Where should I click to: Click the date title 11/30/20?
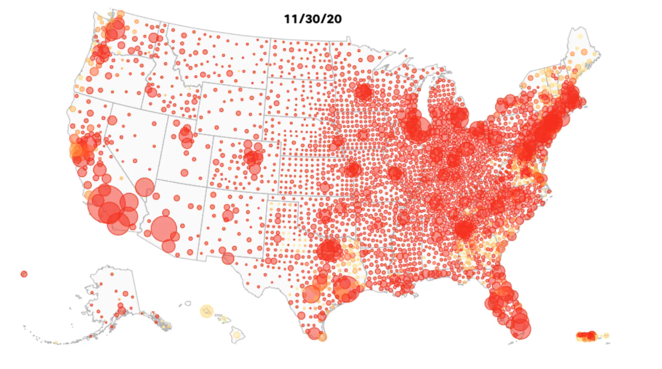point(313,19)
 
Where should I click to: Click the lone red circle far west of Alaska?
point(24,274)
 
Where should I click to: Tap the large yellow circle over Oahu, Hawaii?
point(207,311)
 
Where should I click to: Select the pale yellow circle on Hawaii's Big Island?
point(236,335)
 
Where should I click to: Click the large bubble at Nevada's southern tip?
point(145,187)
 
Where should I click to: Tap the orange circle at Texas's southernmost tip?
point(322,337)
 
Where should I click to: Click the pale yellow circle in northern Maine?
point(580,37)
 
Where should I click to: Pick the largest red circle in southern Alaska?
point(122,310)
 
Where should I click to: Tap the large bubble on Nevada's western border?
point(112,120)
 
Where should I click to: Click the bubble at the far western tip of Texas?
point(228,258)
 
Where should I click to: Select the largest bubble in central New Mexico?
point(228,216)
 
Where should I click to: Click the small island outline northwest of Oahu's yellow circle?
point(188,303)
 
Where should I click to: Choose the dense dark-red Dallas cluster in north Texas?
point(329,250)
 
